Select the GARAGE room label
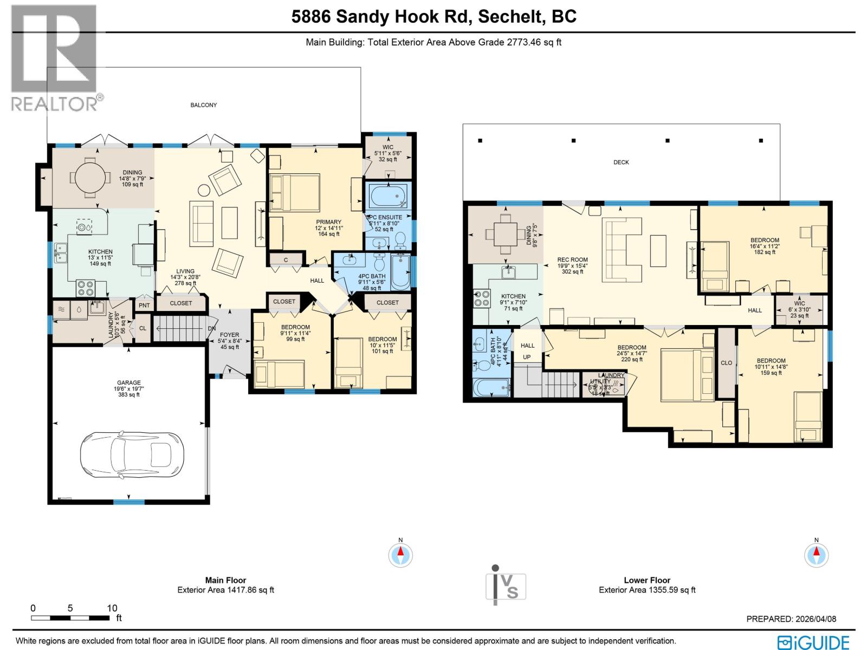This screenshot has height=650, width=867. click(x=129, y=383)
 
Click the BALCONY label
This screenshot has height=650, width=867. click(x=203, y=105)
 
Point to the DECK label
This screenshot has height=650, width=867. click(x=621, y=162)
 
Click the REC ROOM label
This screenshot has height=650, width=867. click(x=572, y=260)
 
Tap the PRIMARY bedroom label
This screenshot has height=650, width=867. click(x=329, y=222)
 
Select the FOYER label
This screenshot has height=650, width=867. click(x=229, y=335)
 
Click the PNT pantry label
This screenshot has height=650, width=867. click(x=144, y=305)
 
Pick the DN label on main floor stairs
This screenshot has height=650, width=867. click(x=212, y=329)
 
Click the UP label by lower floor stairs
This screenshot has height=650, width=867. click(x=527, y=357)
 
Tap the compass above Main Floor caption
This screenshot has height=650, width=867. click(x=400, y=555)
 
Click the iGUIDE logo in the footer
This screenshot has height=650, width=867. click(x=813, y=642)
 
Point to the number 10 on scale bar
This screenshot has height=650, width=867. click(x=112, y=608)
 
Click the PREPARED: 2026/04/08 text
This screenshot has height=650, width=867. click(x=791, y=619)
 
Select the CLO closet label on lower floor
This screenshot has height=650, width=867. click(x=726, y=363)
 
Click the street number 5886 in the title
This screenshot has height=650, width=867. click(x=311, y=17)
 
